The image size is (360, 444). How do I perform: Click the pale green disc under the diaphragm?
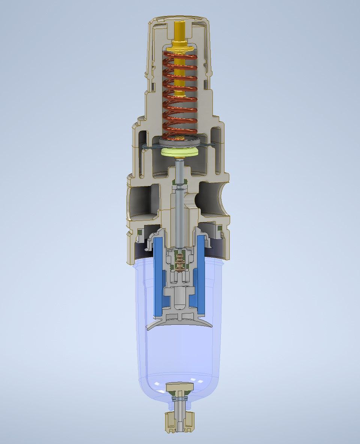pos(180,152)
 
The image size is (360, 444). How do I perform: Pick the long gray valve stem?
pos(180,210)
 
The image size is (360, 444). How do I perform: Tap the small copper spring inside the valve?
pos(180,261)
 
